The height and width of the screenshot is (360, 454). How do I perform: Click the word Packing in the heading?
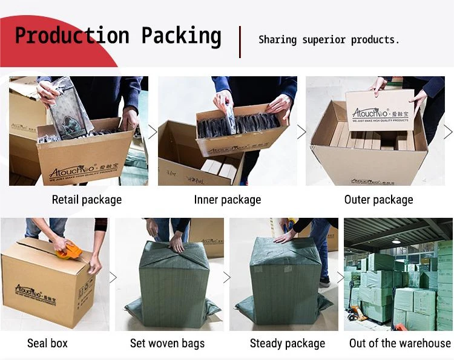(x=181, y=36)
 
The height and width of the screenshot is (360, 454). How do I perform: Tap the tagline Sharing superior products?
(x=329, y=40)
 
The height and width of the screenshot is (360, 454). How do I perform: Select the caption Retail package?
(x=87, y=200)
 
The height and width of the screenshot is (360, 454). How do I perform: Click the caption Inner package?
(x=228, y=200)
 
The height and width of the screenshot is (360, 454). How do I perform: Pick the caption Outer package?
(x=378, y=200)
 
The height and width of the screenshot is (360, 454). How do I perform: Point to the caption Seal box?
(x=47, y=344)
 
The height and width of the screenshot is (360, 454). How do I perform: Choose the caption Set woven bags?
(x=167, y=344)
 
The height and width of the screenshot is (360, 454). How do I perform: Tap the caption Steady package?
(x=287, y=344)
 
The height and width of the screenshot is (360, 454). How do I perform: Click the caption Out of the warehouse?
(x=400, y=344)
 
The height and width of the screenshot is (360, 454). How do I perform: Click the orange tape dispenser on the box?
(x=69, y=249)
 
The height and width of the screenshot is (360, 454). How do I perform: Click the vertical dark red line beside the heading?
(x=240, y=41)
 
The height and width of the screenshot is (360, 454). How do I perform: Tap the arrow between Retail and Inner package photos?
(x=153, y=132)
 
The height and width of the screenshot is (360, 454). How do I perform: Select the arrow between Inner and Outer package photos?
(x=301, y=132)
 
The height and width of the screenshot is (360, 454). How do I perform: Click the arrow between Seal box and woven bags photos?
(x=113, y=277)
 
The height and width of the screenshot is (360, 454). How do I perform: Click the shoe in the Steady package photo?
(x=325, y=281)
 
